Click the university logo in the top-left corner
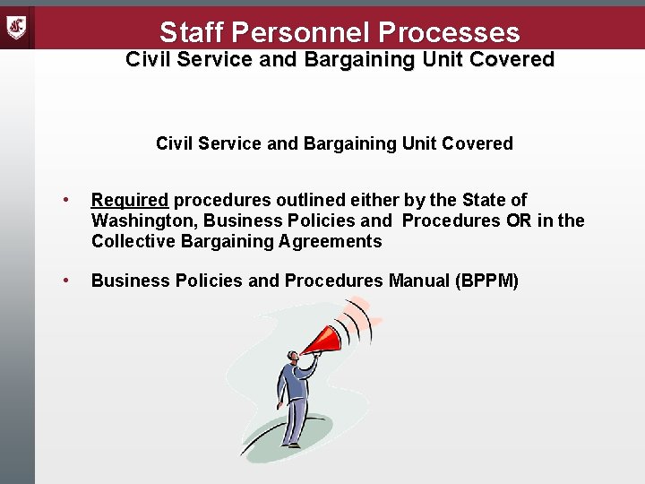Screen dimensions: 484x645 click(17, 28)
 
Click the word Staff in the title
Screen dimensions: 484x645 click(191, 33)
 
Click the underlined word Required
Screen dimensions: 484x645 click(130, 200)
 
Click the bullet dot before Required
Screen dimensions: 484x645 click(66, 200)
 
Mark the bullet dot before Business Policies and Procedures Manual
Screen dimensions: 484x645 click(66, 281)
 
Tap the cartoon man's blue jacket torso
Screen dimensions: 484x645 click(295, 381)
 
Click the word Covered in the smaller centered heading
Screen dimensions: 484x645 click(478, 143)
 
